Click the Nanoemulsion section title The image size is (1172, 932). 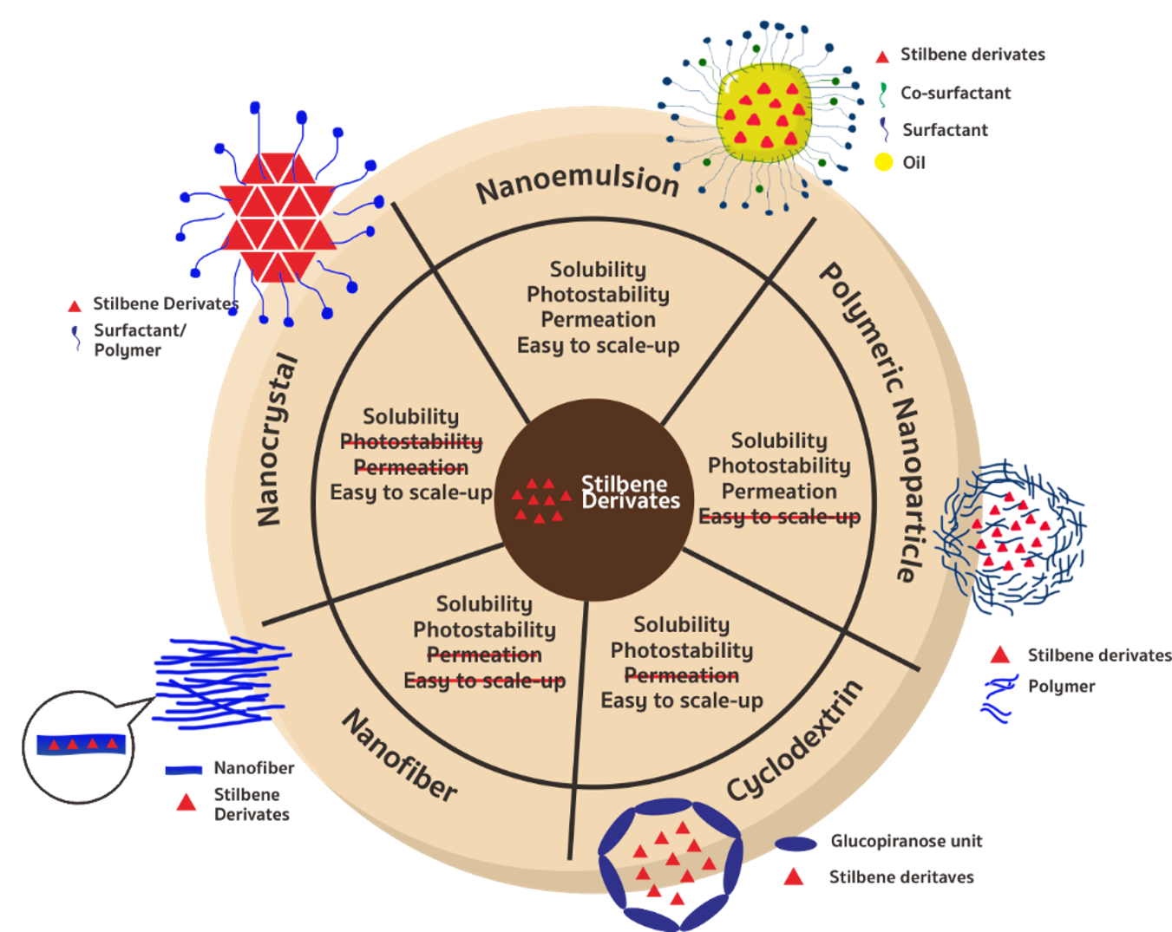[577, 182]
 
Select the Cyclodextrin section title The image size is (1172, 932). [795, 742]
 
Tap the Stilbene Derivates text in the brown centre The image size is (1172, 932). [630, 492]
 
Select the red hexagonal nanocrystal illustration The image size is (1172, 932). [278, 218]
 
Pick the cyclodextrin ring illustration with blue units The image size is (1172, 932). [670, 863]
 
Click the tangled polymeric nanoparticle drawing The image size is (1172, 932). [1012, 538]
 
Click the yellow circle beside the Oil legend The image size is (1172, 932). [883, 162]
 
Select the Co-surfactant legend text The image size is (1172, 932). [955, 93]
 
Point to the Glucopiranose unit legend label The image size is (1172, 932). [907, 841]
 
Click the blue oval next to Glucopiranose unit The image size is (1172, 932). [796, 844]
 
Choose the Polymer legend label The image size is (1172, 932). [1061, 687]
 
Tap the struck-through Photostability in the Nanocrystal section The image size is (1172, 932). [411, 442]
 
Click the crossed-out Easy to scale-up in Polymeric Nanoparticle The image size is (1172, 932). [780, 517]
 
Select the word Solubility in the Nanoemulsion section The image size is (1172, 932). [598, 270]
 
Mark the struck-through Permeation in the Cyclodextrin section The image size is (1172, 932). [682, 675]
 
